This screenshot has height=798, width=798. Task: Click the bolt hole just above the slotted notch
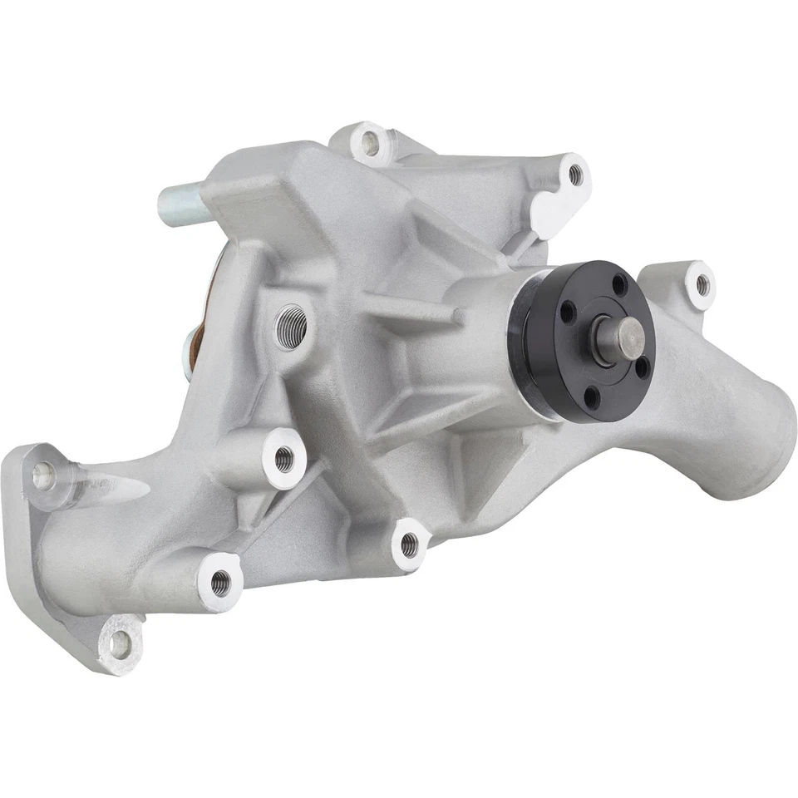[574, 174]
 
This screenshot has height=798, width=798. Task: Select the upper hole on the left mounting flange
[42, 474]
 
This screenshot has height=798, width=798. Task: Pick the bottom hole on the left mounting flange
[121, 641]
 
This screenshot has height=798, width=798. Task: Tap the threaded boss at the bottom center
[407, 544]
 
